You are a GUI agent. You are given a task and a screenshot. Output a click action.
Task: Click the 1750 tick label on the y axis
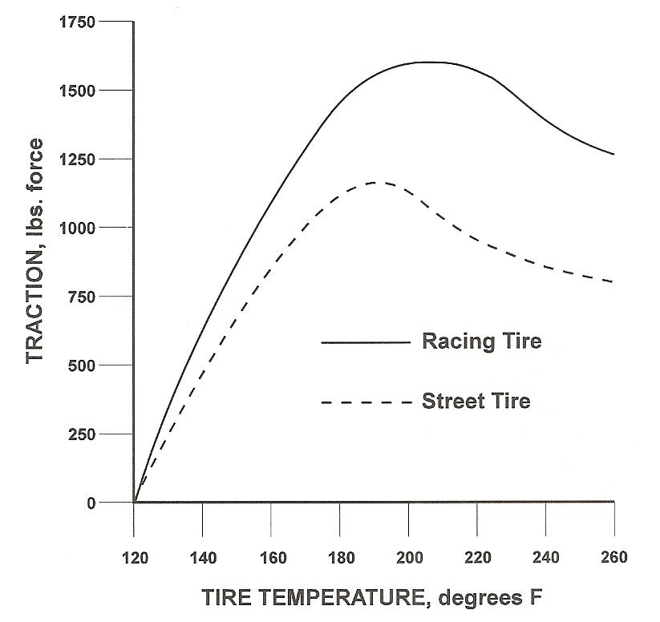click(78, 22)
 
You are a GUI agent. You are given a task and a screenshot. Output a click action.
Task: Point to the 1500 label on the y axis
click(78, 91)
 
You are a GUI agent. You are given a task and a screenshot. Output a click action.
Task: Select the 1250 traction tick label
click(78, 160)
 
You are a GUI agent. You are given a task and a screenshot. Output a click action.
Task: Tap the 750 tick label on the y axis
click(83, 297)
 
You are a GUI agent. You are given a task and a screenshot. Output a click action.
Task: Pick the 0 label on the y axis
click(94, 503)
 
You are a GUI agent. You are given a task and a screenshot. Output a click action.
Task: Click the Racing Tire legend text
click(481, 342)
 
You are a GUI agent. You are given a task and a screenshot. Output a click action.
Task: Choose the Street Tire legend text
click(476, 401)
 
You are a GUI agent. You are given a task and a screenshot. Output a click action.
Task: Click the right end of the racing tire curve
click(613, 154)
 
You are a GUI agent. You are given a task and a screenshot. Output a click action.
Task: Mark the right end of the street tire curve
click(613, 282)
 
